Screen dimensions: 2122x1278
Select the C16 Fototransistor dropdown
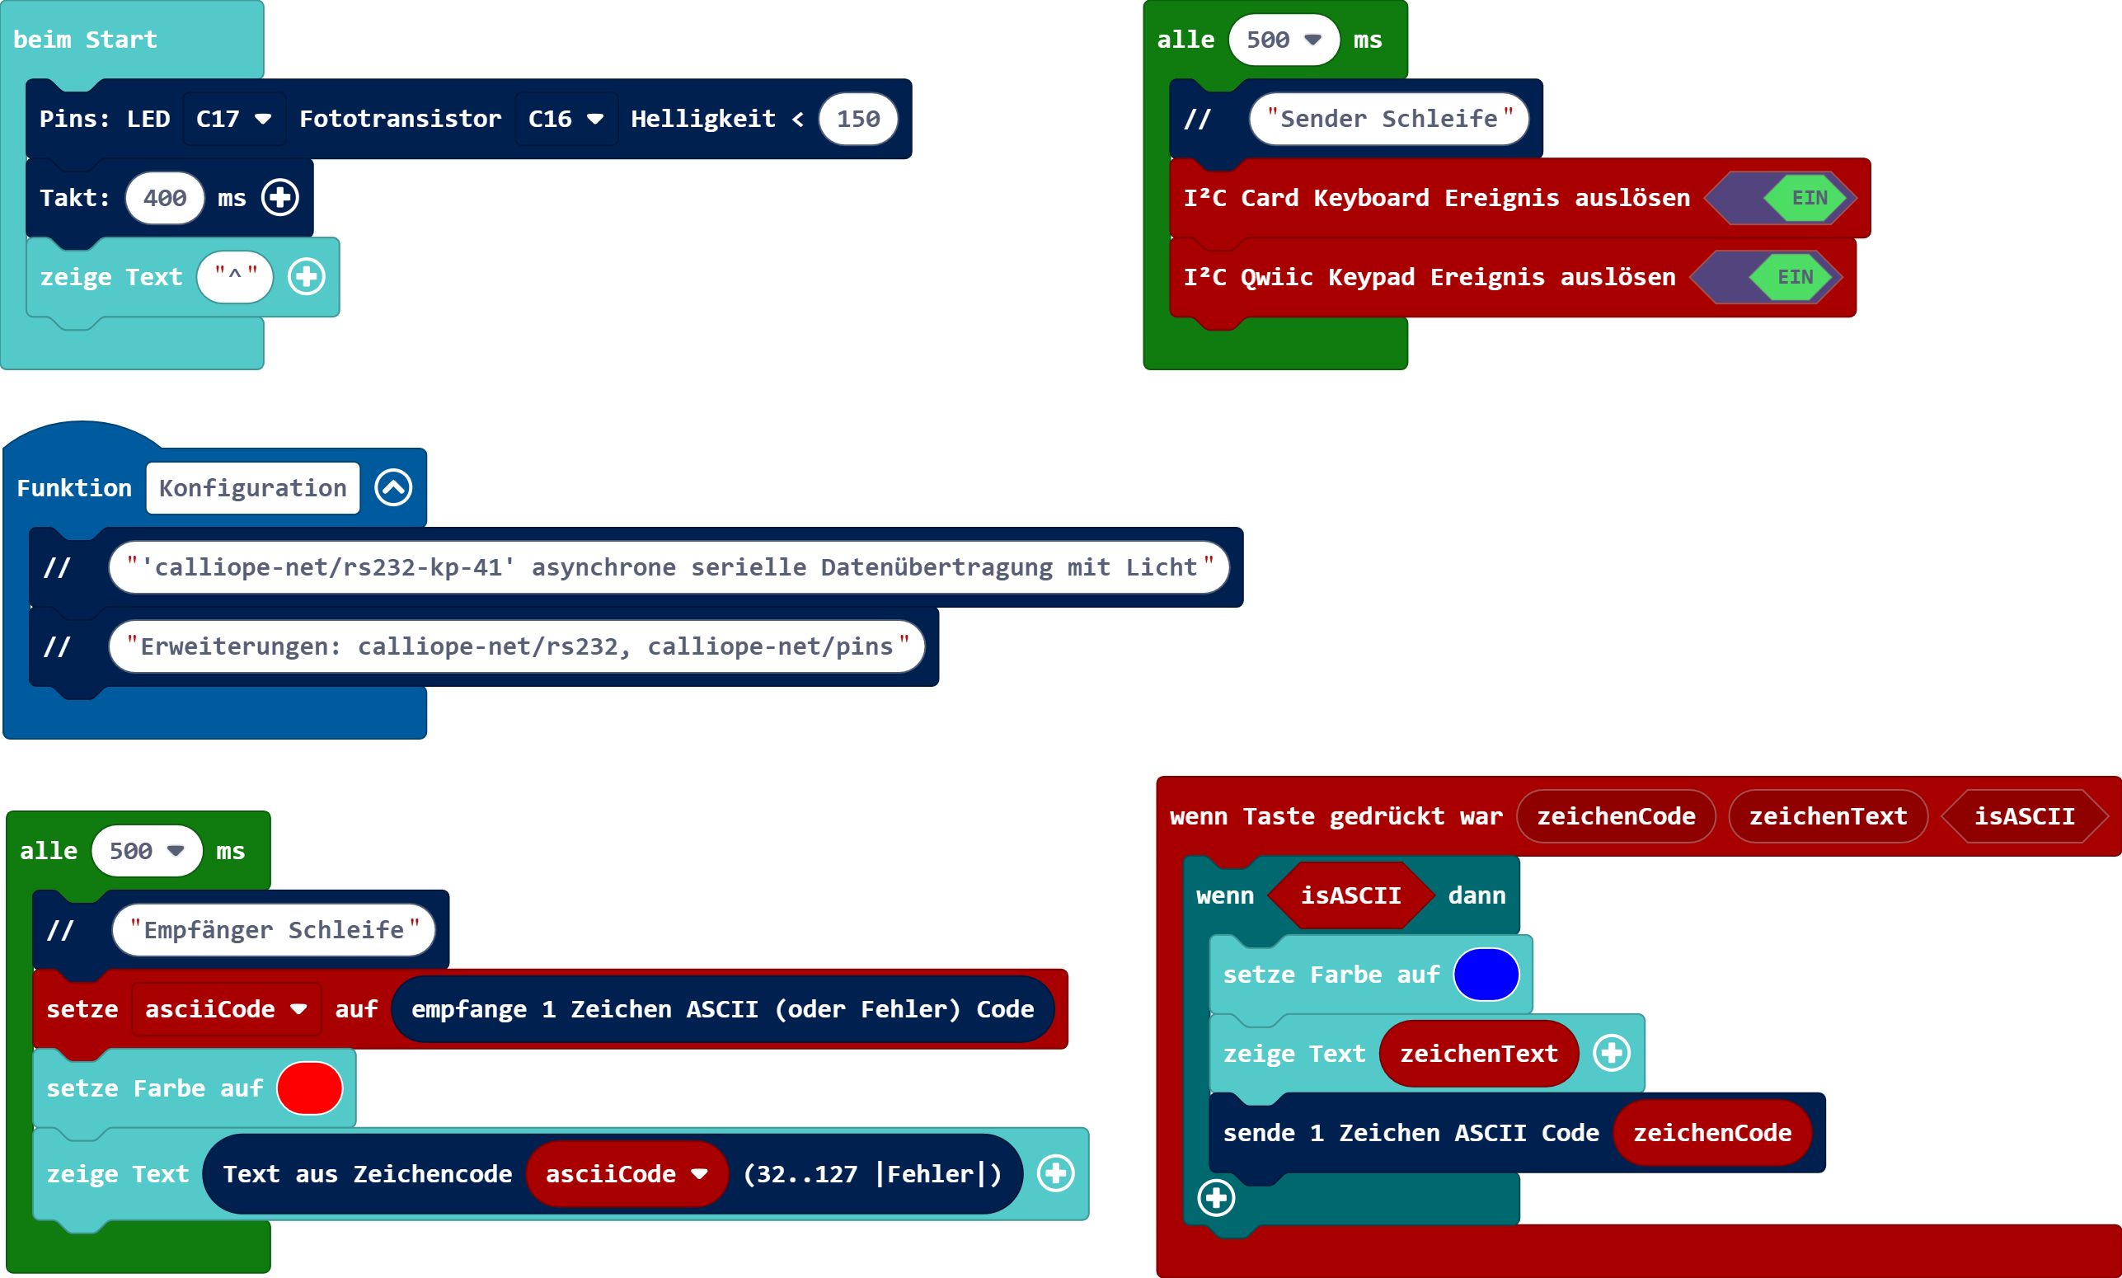(x=566, y=119)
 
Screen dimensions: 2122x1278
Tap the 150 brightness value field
(x=858, y=119)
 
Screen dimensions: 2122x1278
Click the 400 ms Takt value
(x=164, y=198)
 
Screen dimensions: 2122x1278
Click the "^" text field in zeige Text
(x=235, y=277)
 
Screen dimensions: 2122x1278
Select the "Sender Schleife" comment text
(x=1388, y=119)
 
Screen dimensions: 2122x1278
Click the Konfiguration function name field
(x=253, y=488)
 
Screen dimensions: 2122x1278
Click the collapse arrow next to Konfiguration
(x=393, y=488)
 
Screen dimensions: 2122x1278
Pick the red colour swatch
(x=310, y=1088)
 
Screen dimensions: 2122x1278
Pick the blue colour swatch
(x=1486, y=975)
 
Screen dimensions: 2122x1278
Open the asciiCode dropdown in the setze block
(x=227, y=1009)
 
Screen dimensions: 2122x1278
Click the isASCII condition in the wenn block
(x=1350, y=895)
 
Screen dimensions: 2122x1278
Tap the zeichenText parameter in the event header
(x=1828, y=816)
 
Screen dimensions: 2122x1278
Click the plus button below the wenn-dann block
(x=1216, y=1198)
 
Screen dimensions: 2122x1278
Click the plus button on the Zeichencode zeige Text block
(x=1056, y=1174)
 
